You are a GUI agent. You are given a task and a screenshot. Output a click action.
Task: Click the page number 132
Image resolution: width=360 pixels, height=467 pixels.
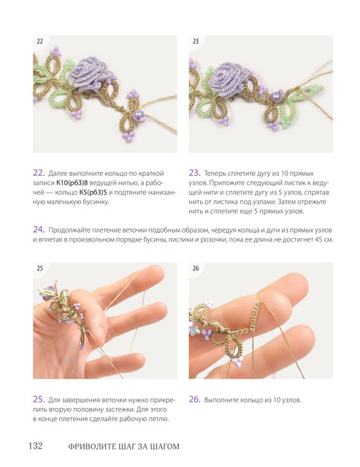pos(36,446)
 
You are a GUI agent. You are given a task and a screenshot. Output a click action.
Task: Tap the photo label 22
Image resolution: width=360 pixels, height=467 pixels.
pos(39,42)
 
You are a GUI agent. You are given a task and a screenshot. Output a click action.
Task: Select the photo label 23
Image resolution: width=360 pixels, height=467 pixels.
pos(196,42)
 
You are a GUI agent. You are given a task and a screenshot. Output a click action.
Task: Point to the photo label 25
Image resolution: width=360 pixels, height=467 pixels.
pos(39,269)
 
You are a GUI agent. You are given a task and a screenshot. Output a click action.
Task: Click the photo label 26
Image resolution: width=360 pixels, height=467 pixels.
pos(196,269)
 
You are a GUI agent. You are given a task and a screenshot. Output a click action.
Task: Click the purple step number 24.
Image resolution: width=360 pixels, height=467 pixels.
pos(39,230)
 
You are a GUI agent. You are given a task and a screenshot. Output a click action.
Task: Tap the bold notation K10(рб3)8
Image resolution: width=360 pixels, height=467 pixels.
pos(72,183)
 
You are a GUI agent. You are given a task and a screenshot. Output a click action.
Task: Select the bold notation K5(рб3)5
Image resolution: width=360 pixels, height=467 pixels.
pos(93,193)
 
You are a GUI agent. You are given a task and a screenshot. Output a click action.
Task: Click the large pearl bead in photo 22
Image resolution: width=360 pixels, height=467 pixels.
pos(138,115)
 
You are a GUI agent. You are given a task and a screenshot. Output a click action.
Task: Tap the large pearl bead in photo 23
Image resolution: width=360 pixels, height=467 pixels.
pos(275,96)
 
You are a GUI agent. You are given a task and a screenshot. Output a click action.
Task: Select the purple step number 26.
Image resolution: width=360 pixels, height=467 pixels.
pos(194,399)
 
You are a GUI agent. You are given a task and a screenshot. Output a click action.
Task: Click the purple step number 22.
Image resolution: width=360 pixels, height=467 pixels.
pos(39,173)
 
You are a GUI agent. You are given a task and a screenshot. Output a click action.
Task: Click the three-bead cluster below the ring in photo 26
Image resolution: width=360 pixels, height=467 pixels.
pos(237,362)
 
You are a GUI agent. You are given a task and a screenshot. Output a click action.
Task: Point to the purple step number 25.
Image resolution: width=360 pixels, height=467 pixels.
pos(39,399)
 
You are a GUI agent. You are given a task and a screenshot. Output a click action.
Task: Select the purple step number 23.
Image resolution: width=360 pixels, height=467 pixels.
pos(194,173)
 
